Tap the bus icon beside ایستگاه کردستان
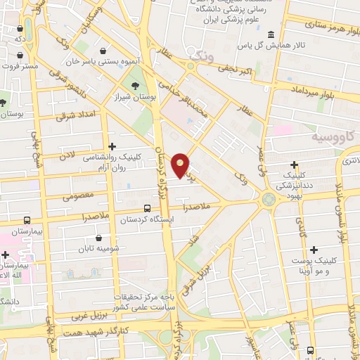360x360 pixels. point(147,208)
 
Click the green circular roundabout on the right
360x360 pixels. point(268,199)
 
